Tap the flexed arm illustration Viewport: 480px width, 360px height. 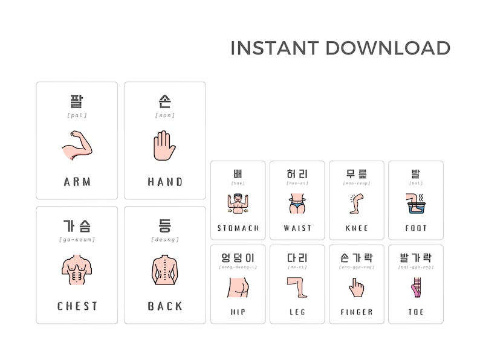coord(77,146)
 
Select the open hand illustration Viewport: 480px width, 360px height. coord(164,146)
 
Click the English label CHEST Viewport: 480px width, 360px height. coord(77,306)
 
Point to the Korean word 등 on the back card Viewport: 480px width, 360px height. coord(164,226)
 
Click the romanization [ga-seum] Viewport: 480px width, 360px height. coord(77,240)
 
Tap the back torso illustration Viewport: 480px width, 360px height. coord(164,270)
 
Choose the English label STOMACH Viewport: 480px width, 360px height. coord(238,228)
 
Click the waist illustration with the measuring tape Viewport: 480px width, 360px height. coord(297,204)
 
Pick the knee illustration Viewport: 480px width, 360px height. coord(355,204)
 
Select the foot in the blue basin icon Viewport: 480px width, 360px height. coord(415,204)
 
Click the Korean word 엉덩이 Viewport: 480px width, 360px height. coord(238,258)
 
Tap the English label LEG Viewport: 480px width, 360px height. coord(297,312)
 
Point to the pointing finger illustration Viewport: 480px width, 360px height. coord(356,287)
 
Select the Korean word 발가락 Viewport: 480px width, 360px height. coord(416,258)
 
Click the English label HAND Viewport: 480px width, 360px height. coord(165,182)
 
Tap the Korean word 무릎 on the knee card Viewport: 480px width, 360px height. coord(357,174)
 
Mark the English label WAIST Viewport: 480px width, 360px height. coord(297,228)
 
